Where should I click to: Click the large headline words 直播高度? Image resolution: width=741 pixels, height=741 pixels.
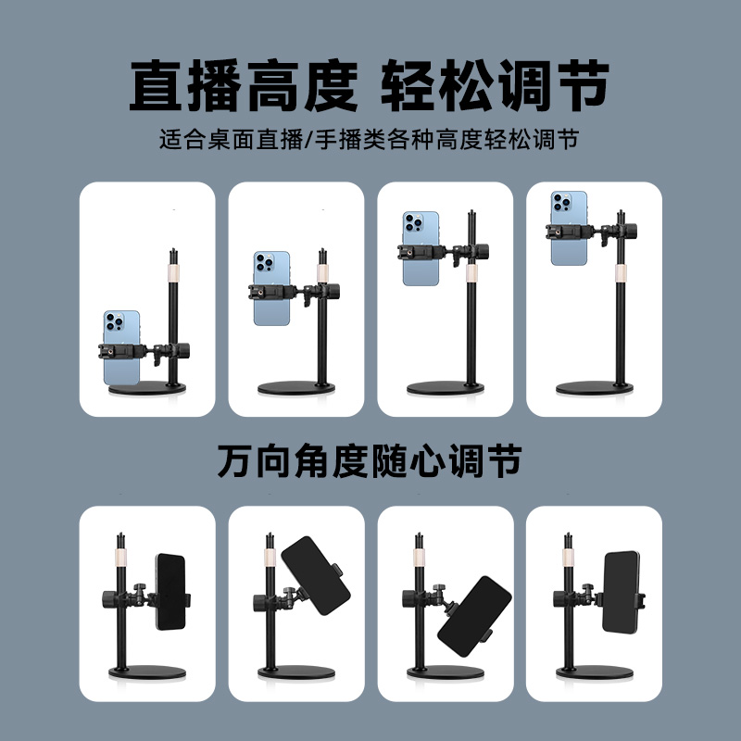pos(243,86)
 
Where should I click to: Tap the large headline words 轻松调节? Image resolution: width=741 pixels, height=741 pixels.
pos(496,86)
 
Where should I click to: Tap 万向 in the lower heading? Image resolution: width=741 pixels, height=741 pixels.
pos(246,461)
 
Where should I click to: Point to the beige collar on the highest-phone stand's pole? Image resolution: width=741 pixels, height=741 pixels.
pos(619,270)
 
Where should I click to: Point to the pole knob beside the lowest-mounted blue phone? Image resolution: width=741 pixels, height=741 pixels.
pos(182,352)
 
